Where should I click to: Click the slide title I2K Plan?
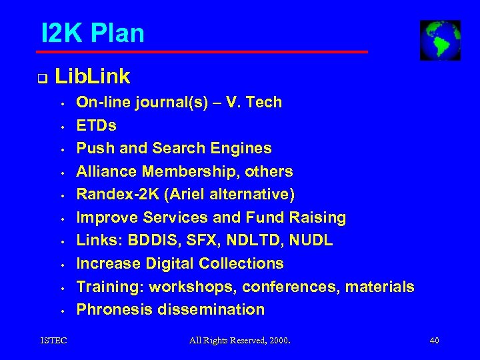click(x=93, y=32)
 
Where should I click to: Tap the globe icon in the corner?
click(x=440, y=40)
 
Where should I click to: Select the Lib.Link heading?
click(x=93, y=77)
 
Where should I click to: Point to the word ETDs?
click(x=97, y=125)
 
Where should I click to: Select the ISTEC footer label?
click(x=53, y=341)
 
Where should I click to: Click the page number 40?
click(x=435, y=341)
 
